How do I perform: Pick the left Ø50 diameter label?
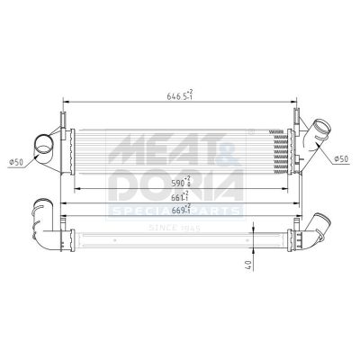click(x=16, y=161)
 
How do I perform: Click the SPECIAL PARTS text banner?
click(x=175, y=211)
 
